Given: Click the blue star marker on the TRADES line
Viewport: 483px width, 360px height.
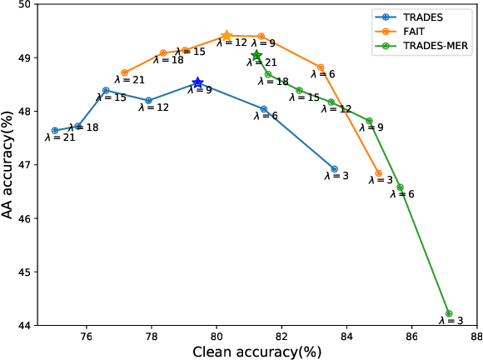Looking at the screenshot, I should (198, 83).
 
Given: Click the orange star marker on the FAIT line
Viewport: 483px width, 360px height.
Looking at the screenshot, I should (227, 36).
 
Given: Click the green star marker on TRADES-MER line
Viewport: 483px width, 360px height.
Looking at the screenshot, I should (256, 56).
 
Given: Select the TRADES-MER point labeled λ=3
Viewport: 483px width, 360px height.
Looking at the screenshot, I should (449, 314).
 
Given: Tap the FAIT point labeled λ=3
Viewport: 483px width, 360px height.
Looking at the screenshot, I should (379, 173).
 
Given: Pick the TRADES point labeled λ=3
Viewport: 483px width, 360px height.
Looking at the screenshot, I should (335, 169).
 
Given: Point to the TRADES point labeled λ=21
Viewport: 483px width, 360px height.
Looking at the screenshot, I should (55, 130).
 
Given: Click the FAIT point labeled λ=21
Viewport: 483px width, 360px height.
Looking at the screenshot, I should (124, 72).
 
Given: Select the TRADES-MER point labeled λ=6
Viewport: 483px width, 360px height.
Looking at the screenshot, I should (401, 187).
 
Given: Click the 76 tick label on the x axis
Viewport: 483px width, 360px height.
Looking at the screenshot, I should (87, 336).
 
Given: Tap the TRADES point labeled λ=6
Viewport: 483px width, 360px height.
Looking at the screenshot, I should (264, 109).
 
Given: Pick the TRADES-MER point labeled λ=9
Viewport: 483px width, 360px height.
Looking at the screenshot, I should (370, 121).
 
